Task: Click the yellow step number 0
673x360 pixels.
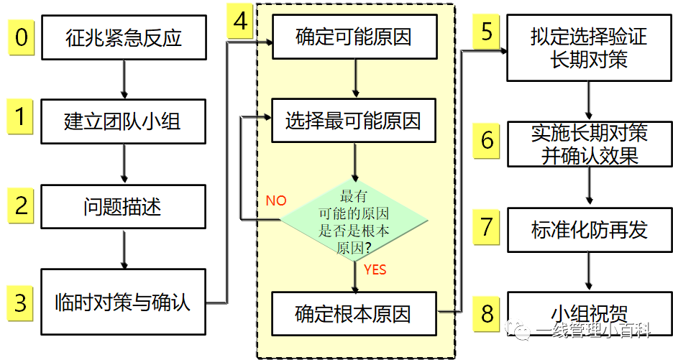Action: coord(22,37)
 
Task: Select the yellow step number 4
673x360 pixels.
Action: coord(241,22)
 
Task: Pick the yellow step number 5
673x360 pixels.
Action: coord(487,32)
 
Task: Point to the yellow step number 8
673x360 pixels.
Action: coord(487,313)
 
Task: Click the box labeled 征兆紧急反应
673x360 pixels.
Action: coord(124,37)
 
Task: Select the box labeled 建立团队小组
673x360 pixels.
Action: coord(124,121)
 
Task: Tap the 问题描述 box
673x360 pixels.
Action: coord(124,207)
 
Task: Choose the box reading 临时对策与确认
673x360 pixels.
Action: coord(124,301)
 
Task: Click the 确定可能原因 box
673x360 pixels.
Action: coord(354,37)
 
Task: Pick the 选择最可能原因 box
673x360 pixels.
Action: coord(354,120)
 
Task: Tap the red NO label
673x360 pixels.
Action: coord(275,200)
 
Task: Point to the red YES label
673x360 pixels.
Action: coord(375,269)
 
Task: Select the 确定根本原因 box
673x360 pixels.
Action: coord(354,314)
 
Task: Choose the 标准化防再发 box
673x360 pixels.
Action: coord(590,229)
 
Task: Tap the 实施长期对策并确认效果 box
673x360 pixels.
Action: coord(590,144)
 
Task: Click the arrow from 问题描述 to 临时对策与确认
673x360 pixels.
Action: coord(124,249)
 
